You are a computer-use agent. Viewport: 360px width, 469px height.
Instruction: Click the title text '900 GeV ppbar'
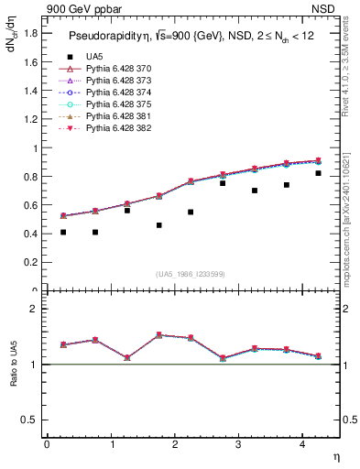coord(76,9)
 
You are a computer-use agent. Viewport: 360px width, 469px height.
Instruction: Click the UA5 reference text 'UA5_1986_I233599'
coord(191,274)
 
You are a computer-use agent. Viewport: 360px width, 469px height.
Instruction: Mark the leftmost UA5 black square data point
coord(63,233)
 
